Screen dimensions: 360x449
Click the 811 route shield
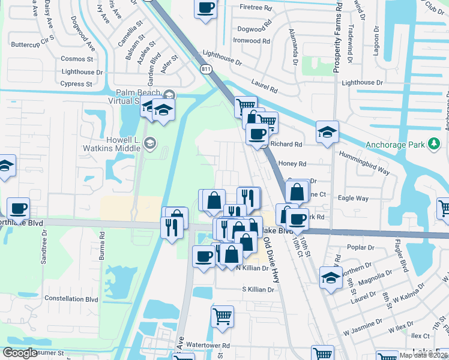206,70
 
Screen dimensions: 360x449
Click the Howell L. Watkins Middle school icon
149,143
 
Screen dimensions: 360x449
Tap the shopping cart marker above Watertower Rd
222,316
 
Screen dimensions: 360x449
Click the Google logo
20,353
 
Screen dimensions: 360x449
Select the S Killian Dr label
258,289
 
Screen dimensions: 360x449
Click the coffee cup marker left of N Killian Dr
203,257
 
